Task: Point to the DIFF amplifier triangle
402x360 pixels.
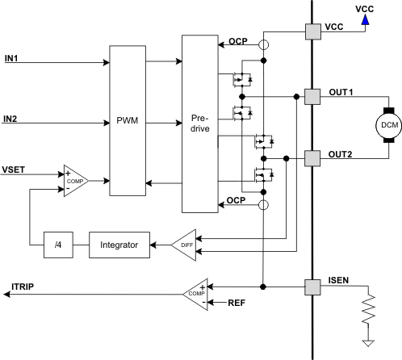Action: tap(183, 244)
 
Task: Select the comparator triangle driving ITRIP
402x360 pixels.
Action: tap(197, 291)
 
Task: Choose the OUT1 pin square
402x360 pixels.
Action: tap(312, 96)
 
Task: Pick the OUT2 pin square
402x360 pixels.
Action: tap(312, 157)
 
